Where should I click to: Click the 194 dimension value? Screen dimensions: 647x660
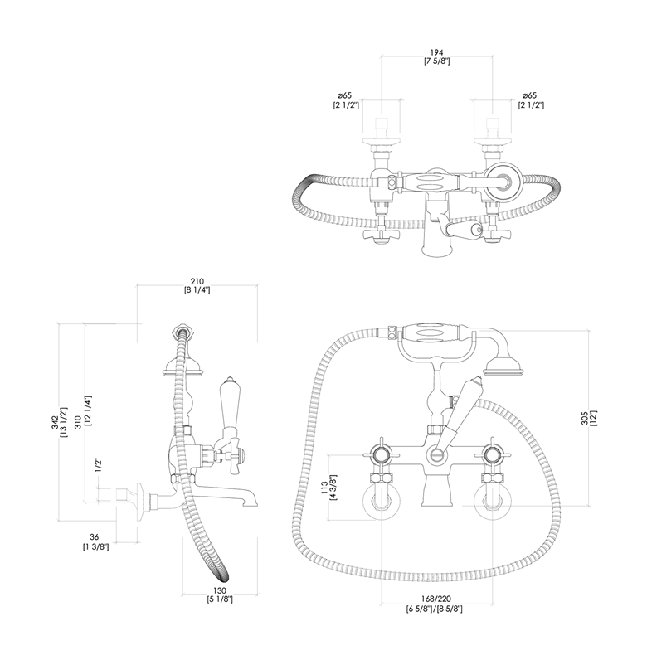click(x=436, y=52)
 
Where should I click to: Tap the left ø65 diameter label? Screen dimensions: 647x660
click(x=344, y=96)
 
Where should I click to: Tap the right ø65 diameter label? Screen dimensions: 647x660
click(x=529, y=96)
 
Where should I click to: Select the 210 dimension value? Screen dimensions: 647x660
click(x=197, y=281)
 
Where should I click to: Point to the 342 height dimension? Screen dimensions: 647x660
click(x=55, y=423)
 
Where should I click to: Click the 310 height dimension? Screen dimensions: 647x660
click(x=78, y=422)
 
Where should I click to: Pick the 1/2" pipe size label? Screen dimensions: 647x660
click(x=99, y=465)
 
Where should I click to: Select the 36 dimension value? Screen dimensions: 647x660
click(x=95, y=537)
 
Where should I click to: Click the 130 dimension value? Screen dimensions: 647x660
click(x=220, y=591)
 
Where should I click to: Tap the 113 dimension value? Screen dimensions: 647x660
click(x=324, y=488)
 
